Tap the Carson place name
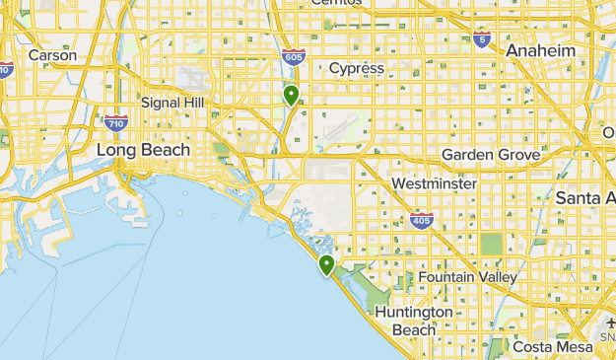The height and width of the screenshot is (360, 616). (52, 55)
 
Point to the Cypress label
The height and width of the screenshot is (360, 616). (356, 68)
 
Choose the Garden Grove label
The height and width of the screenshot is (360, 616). (490, 155)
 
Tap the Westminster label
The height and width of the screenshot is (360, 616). (434, 184)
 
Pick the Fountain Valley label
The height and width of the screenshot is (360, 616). (467, 277)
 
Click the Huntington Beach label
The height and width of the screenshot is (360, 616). (414, 320)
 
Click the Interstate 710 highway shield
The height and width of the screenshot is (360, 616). (115, 122)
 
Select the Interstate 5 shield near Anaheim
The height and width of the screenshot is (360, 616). (481, 39)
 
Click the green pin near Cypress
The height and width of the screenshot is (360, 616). (291, 95)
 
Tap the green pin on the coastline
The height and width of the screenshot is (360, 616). (326, 263)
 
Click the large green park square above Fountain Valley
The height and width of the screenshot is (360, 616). (491, 244)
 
